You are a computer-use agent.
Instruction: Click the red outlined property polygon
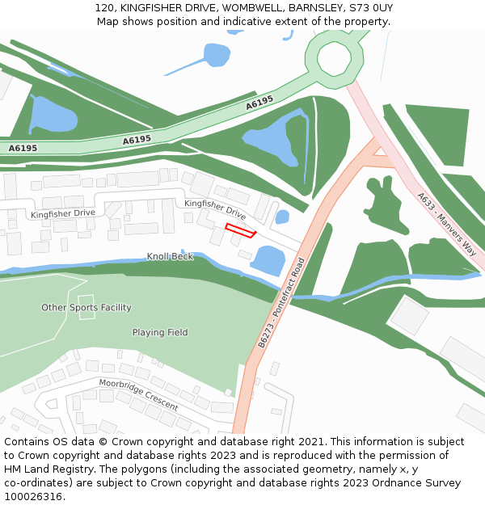240,230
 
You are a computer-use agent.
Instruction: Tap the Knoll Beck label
170,257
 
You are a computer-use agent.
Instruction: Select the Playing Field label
160,332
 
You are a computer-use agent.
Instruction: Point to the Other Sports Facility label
86,308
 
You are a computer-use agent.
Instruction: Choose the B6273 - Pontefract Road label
280,303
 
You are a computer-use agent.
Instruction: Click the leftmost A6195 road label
23,148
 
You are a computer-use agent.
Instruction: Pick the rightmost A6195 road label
259,103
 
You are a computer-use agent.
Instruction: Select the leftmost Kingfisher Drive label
63,213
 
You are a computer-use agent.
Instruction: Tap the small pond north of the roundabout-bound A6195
216,55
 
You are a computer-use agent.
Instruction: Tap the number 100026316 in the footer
33,496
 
